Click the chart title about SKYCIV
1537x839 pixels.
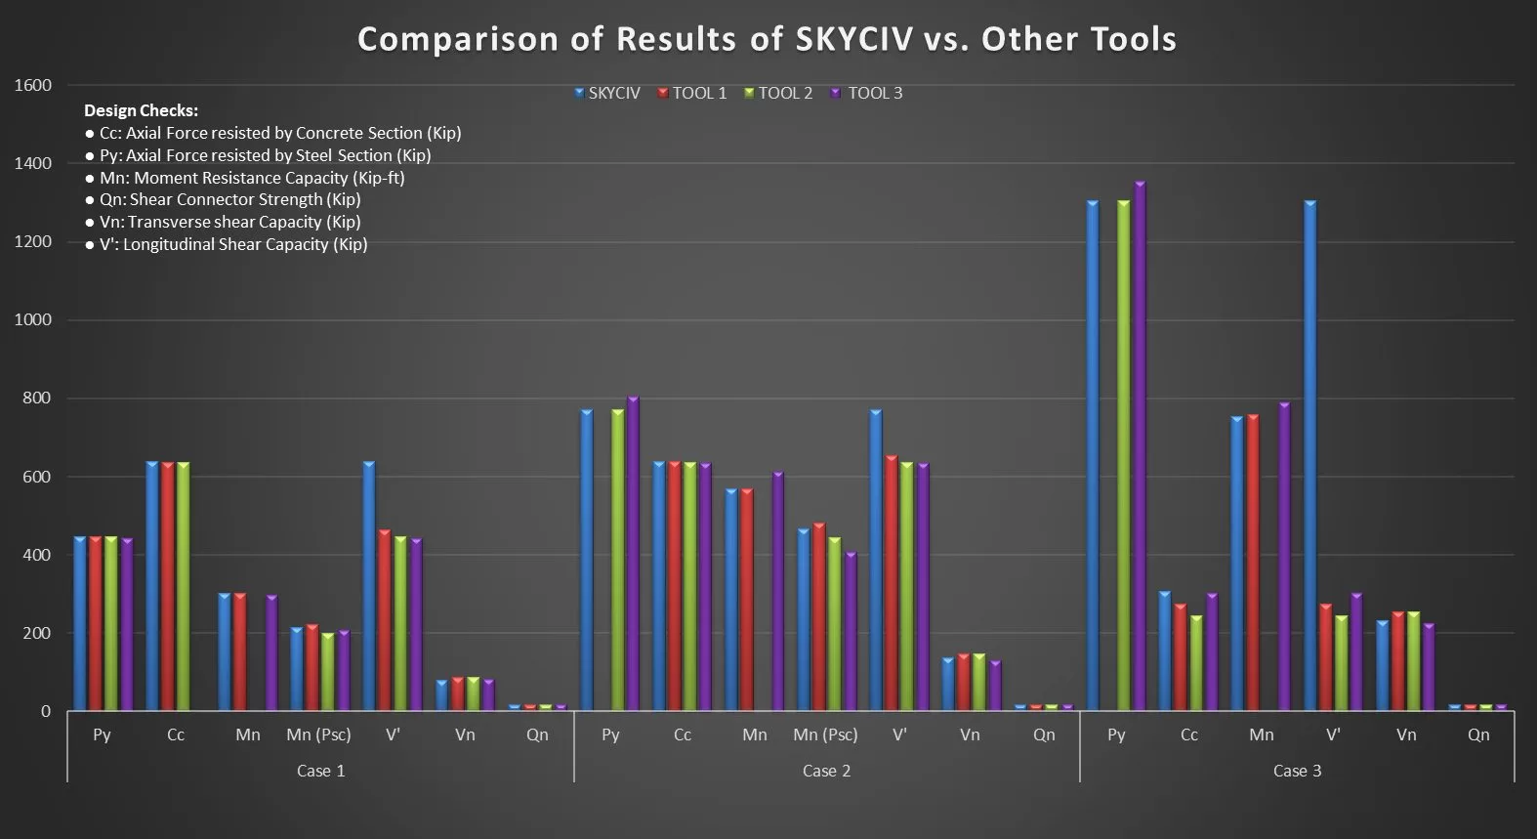pyautogui.click(x=768, y=39)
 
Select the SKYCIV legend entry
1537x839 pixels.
pyautogui.click(x=607, y=93)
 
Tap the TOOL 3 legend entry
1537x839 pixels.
pyautogui.click(x=866, y=93)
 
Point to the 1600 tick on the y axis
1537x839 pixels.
pyautogui.click(x=33, y=85)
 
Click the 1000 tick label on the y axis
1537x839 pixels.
pyautogui.click(x=33, y=320)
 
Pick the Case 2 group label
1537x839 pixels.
pyautogui.click(x=826, y=771)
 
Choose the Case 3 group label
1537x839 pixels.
pyautogui.click(x=1297, y=771)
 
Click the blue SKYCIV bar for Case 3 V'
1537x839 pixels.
pyautogui.click(x=1309, y=455)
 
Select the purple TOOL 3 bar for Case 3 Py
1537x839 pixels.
pyautogui.click(x=1140, y=445)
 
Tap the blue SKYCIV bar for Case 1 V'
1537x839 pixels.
pyautogui.click(x=369, y=586)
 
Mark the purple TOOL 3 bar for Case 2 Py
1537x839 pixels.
pyautogui.click(x=633, y=553)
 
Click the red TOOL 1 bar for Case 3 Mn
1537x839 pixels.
pyautogui.click(x=1253, y=563)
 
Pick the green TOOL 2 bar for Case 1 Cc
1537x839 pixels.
pyautogui.click(x=184, y=586)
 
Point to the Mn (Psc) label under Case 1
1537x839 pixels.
pyautogui.click(x=318, y=734)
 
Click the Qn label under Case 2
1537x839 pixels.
pyautogui.click(x=1044, y=734)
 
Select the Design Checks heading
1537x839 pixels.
pyautogui.click(x=142, y=110)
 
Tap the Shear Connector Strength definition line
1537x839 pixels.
pyautogui.click(x=223, y=200)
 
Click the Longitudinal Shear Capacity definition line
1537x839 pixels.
pyautogui.click(x=227, y=244)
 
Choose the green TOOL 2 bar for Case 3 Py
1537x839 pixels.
pyautogui.click(x=1123, y=455)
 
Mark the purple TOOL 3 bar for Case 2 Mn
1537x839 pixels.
pyautogui.click(x=778, y=591)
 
